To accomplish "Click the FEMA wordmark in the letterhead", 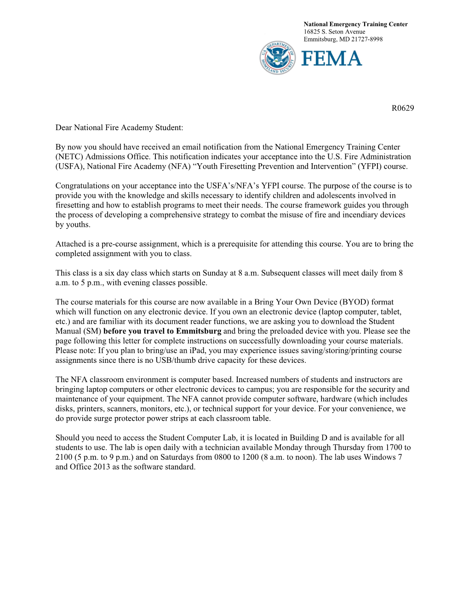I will [332, 58].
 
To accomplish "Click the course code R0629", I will [403, 108].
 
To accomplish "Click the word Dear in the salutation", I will [63, 127].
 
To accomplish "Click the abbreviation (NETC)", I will [69, 157].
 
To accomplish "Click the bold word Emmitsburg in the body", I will [199, 331].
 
